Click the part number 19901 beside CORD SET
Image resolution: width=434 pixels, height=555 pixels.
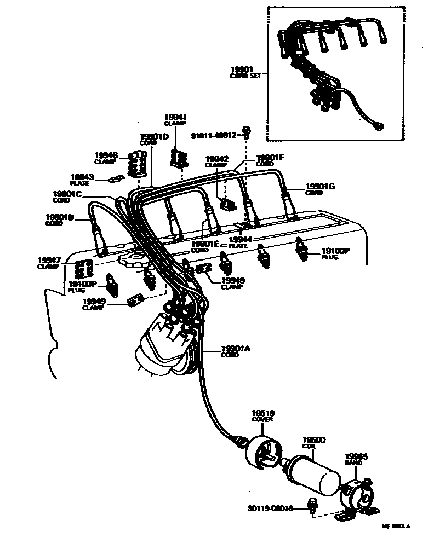[x=241, y=70]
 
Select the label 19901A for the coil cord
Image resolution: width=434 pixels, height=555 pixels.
[x=236, y=349]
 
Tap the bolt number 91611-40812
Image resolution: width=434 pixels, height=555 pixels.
[x=214, y=135]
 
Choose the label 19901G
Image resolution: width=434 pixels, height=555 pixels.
[x=320, y=187]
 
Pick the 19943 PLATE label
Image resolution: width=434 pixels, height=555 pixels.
[x=82, y=177]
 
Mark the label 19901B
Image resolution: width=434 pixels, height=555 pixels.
[x=60, y=217]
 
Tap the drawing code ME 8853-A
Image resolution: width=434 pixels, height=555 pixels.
[x=396, y=527]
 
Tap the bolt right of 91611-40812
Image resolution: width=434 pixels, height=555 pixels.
[x=246, y=132]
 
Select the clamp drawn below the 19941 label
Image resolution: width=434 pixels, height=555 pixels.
[x=177, y=157]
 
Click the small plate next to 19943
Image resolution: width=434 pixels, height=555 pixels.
[x=114, y=179]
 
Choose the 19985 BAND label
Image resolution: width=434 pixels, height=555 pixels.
[x=356, y=457]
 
